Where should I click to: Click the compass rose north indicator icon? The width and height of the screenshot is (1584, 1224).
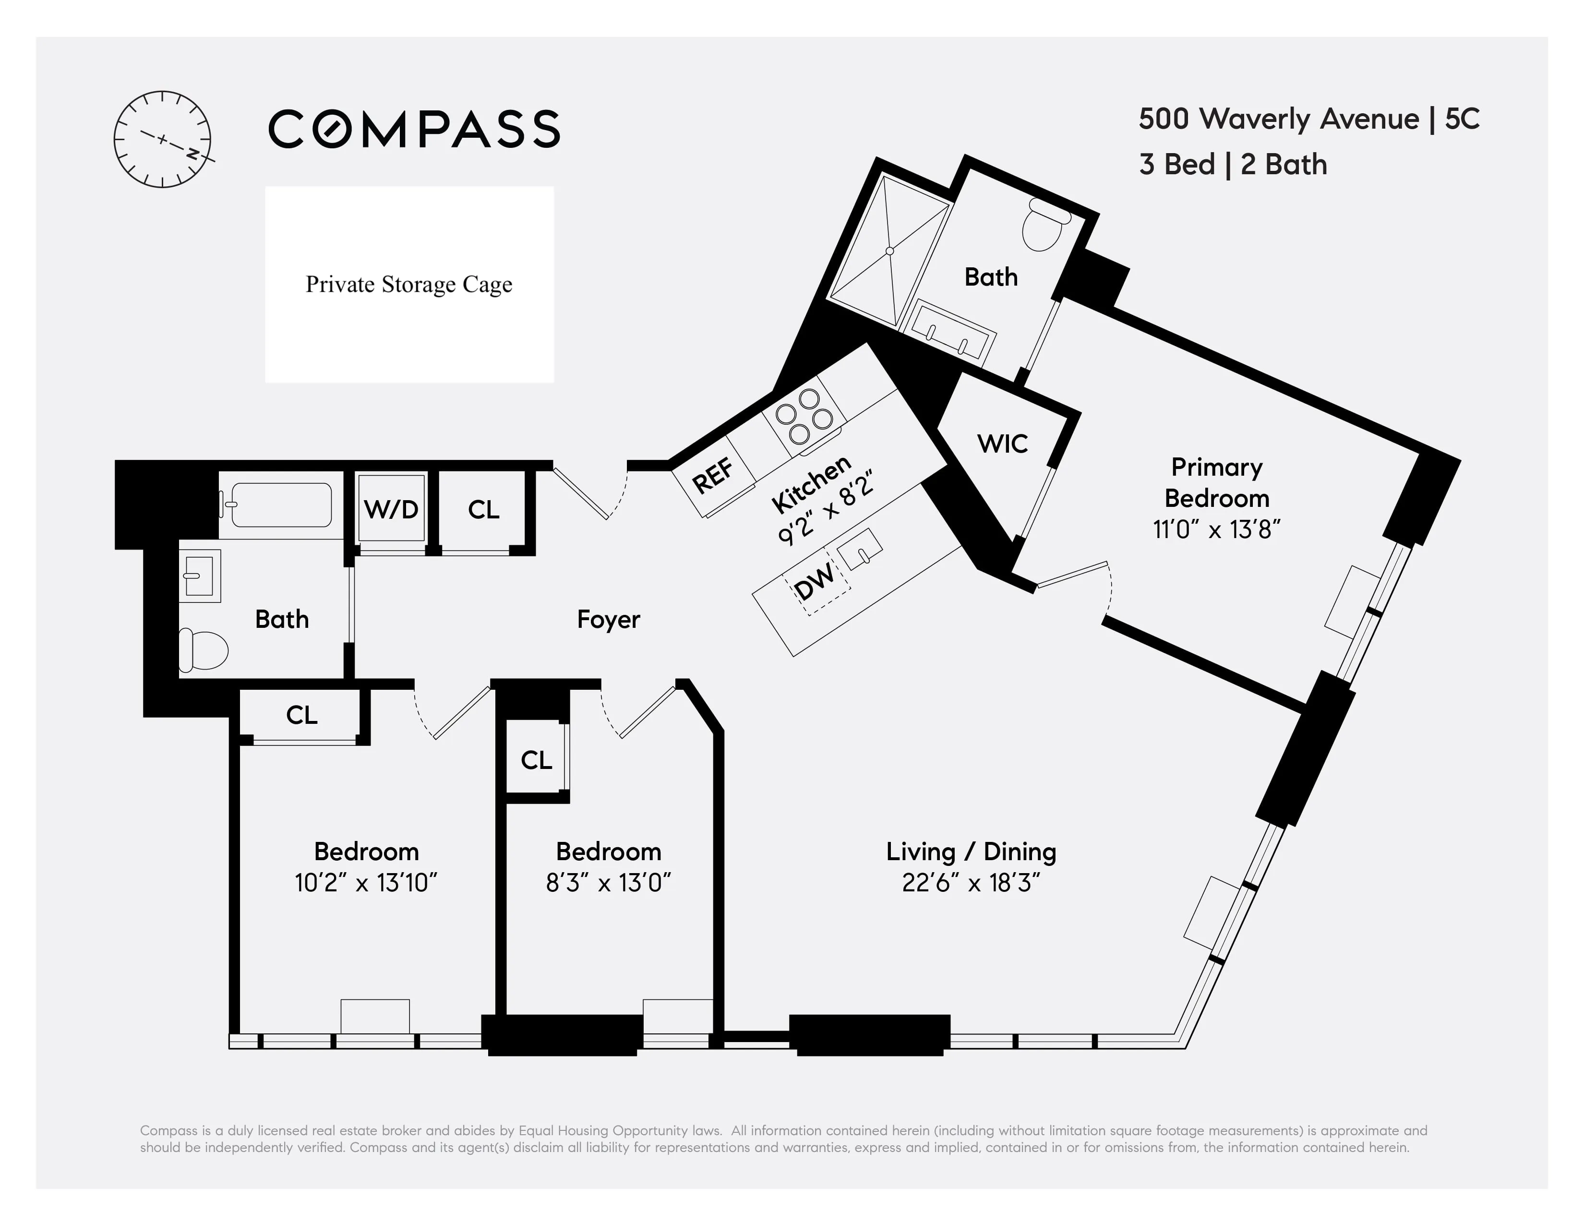[x=162, y=139]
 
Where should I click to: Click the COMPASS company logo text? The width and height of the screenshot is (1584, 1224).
[x=414, y=129]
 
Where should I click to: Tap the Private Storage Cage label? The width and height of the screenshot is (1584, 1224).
[x=409, y=284]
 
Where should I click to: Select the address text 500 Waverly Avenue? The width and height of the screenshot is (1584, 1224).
[x=1278, y=119]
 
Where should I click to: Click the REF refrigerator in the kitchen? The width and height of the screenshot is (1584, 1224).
[x=713, y=477]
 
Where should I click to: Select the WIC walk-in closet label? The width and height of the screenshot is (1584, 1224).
[x=1002, y=444]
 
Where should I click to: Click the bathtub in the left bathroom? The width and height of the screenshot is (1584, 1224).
[x=281, y=504]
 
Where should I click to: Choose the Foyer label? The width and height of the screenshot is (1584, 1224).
[x=608, y=619]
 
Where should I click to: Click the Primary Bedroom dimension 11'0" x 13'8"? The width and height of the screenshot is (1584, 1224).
[x=1216, y=529]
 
